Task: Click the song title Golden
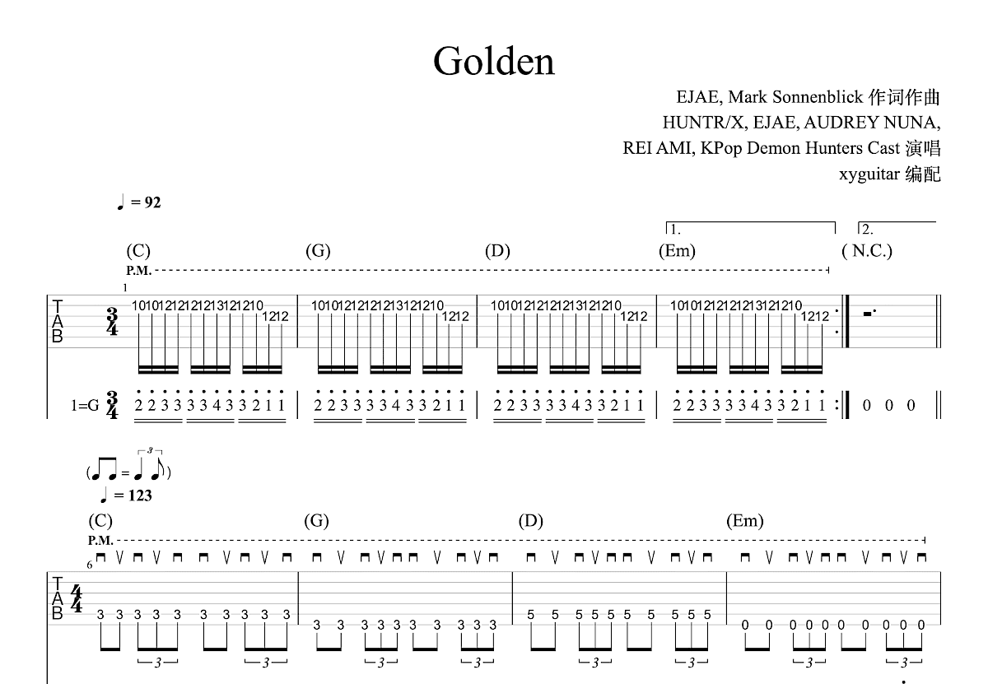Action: click(x=494, y=61)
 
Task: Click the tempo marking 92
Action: click(x=152, y=202)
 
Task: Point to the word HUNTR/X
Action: click(x=704, y=123)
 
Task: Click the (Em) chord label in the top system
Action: click(x=677, y=251)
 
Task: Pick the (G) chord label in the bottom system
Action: click(x=316, y=521)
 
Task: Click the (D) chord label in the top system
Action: click(x=497, y=251)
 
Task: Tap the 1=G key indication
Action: click(x=85, y=406)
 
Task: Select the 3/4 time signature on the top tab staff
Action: click(x=112, y=320)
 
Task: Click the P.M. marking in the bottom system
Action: click(x=100, y=541)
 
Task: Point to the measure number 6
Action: click(x=90, y=565)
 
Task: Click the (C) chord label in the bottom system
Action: click(x=100, y=521)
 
